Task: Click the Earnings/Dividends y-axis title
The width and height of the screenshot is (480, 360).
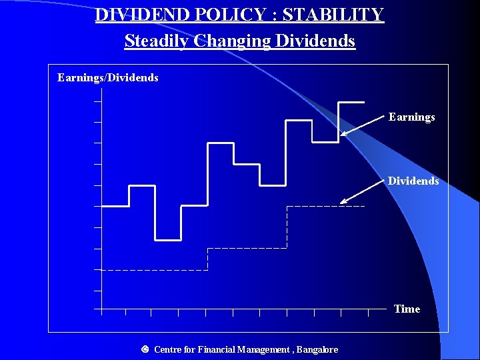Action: click(108, 78)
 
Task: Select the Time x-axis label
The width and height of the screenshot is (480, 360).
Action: click(407, 309)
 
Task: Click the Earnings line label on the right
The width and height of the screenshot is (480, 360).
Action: click(411, 117)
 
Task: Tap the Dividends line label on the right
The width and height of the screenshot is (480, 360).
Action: click(413, 181)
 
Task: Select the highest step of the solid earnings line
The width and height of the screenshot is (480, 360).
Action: click(351, 102)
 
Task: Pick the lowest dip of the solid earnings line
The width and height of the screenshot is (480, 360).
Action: click(168, 239)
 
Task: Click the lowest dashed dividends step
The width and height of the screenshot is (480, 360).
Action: click(153, 270)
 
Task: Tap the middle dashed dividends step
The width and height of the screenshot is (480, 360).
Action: click(247, 249)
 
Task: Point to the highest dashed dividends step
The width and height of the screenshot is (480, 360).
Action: click(325, 207)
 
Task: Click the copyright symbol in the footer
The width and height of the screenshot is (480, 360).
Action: click(145, 349)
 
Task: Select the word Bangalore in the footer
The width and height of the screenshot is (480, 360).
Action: click(317, 349)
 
